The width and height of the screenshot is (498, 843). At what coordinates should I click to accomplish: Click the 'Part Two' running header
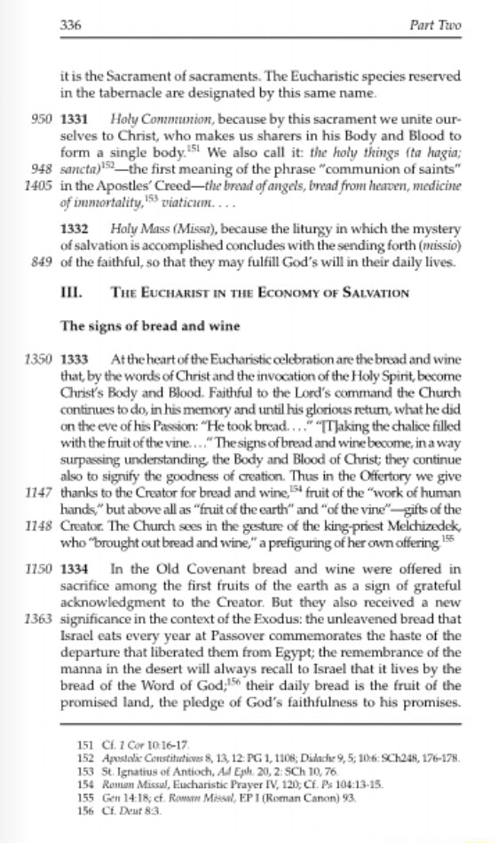tap(441, 25)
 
